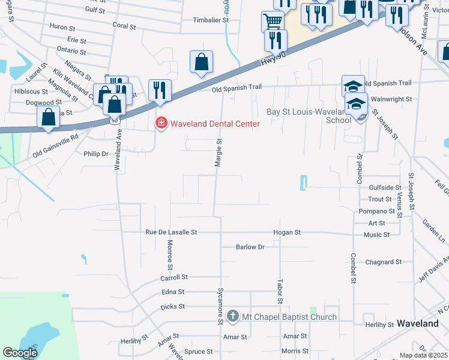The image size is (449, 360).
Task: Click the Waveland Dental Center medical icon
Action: point(161,124)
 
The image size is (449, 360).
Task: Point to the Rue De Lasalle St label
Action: point(171,232)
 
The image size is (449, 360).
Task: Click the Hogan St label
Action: point(286,232)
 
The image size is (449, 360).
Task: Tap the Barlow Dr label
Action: point(250,247)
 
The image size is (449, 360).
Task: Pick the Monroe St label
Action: point(170,254)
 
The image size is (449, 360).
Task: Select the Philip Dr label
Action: point(96,154)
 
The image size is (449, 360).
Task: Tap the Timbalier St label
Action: point(211,20)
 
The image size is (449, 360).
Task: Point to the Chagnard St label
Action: point(383,262)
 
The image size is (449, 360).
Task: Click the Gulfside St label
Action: point(385,187)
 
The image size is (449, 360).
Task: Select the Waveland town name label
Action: point(418,323)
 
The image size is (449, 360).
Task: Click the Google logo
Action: point(20,353)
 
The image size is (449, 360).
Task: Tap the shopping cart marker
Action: point(273,22)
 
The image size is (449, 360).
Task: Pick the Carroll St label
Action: point(174,277)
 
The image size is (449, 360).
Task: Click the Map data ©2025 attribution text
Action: point(423,355)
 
